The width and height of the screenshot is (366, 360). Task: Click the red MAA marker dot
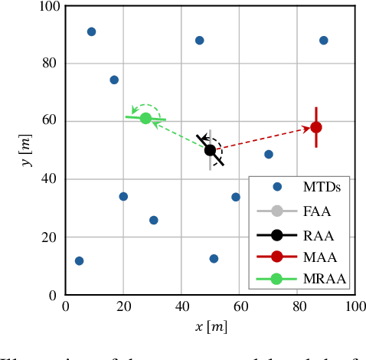pyautogui.click(x=315, y=127)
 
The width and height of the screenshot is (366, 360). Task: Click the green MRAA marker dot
pyautogui.click(x=145, y=118)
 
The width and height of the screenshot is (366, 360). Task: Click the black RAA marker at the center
pyautogui.click(x=210, y=150)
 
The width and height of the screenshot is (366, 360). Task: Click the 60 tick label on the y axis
pyautogui.click(x=50, y=121)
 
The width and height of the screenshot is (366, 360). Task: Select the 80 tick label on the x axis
pyautogui.click(x=296, y=308)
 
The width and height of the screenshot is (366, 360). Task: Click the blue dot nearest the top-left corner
pyautogui.click(x=91, y=31)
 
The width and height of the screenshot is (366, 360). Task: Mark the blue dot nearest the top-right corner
pyautogui.click(x=323, y=41)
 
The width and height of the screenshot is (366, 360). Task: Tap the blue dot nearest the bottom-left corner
pyautogui.click(x=79, y=260)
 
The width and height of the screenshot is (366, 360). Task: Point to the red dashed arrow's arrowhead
pyautogui.click(x=304, y=130)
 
